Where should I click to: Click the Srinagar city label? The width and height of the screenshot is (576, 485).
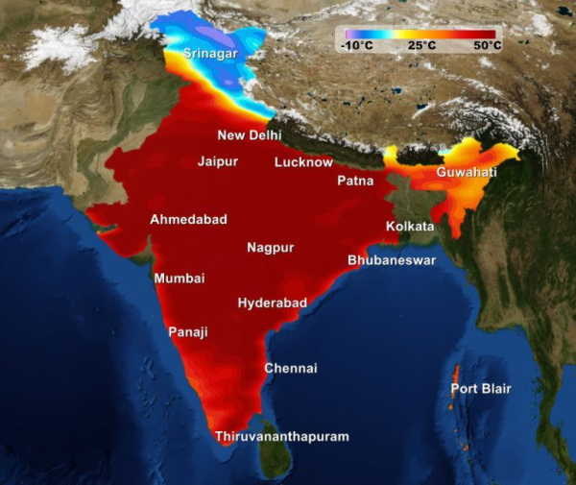(210, 54)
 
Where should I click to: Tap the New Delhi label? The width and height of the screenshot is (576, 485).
(250, 135)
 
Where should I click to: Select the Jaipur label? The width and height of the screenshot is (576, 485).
(218, 161)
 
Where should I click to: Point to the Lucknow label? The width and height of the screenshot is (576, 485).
(303, 162)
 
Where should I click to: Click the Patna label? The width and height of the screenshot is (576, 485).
(356, 181)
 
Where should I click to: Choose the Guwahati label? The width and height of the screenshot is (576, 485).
(467, 172)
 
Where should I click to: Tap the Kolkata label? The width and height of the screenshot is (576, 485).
(410, 227)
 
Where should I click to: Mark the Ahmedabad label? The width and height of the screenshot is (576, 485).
(188, 220)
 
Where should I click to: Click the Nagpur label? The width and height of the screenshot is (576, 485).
(271, 248)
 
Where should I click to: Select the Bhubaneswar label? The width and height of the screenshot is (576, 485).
(392, 260)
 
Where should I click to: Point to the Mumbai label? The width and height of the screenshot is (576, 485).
(180, 279)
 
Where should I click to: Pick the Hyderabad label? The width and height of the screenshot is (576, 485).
(273, 303)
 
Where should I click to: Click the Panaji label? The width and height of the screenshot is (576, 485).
(188, 332)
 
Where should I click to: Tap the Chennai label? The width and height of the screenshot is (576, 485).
(291, 368)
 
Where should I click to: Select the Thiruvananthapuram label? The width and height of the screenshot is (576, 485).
(281, 436)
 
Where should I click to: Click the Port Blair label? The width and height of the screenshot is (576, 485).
(481, 389)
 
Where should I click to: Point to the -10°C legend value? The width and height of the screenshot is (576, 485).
(356, 45)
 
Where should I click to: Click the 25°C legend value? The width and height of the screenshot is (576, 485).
(422, 45)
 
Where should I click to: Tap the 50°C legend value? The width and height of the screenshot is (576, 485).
(486, 45)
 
